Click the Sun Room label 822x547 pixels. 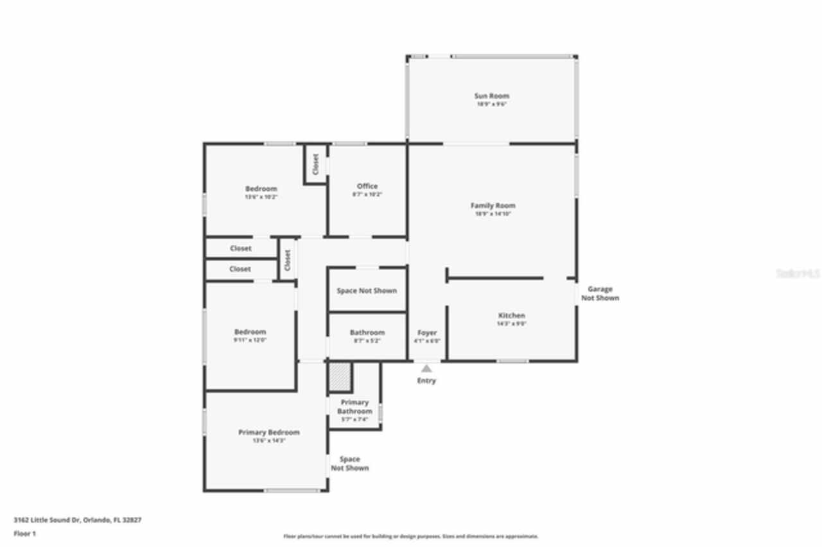coord(491,96)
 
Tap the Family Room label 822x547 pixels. coord(493,206)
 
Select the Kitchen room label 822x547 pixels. coord(511,316)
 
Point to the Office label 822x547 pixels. coord(367,186)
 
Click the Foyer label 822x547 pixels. coord(427,333)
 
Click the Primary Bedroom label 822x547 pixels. coord(268,433)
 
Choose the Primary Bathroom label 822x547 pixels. coord(354,406)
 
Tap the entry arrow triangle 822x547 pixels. coord(426,369)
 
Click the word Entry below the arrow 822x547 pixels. coord(426,381)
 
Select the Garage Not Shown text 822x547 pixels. coord(600,293)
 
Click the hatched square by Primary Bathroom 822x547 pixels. coord(340,377)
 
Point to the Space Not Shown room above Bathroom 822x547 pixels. coord(367,291)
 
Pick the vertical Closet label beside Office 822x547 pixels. coord(316,164)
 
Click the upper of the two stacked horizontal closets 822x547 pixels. coord(241,248)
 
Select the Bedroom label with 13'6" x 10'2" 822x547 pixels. coord(261,189)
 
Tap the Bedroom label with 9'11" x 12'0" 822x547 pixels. coord(250,332)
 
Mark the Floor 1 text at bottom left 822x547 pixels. coord(25,534)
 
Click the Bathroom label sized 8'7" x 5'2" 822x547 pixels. coord(367,333)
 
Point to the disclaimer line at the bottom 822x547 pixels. coord(411,536)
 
